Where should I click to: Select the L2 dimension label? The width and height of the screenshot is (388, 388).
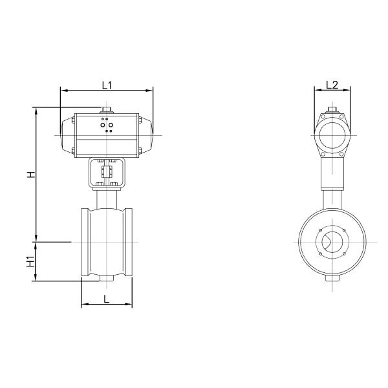pyautogui.click(x=331, y=84)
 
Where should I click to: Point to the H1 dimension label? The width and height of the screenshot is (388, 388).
pyautogui.click(x=30, y=261)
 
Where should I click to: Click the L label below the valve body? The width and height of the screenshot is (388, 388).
pyautogui.click(x=107, y=299)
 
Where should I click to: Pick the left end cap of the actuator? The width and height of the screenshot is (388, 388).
pyautogui.click(x=67, y=136)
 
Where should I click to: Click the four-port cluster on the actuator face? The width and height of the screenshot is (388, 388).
pyautogui.click(x=107, y=125)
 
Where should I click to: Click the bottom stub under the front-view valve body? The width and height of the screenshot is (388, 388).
pyautogui.click(x=107, y=280)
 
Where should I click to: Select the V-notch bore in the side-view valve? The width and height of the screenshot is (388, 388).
pyautogui.click(x=331, y=242)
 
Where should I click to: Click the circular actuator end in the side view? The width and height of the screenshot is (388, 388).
pyautogui.click(x=331, y=136)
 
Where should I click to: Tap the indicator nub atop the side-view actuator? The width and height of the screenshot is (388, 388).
pyautogui.click(x=331, y=110)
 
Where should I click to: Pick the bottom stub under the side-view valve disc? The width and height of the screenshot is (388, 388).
pyautogui.click(x=331, y=280)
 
